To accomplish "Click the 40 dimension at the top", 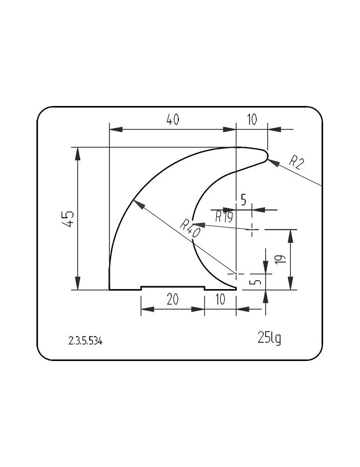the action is click(173, 120).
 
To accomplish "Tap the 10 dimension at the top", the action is click(252, 120).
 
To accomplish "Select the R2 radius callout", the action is click(296, 163).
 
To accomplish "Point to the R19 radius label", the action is click(224, 217).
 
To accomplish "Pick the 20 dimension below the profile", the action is click(172, 299).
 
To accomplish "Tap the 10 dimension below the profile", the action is click(220, 299).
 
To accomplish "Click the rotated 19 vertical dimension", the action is click(282, 259).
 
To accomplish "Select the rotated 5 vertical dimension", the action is click(256, 281).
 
